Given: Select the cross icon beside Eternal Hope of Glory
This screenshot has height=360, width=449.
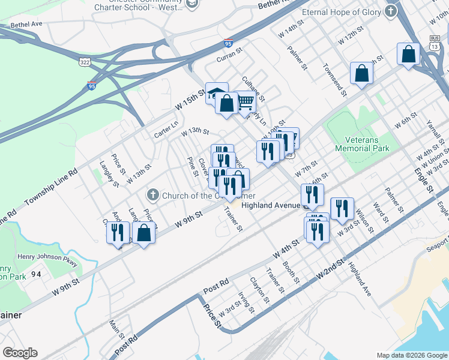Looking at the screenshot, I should coord(391,11).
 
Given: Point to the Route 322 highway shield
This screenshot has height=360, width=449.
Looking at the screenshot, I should coord(84,61).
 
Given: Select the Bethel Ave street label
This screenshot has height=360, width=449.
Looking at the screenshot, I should coord(27,25).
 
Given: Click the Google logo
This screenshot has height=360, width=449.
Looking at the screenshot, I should coord(20,353).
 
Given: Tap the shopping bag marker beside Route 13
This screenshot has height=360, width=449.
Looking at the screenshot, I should coord(408,54).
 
